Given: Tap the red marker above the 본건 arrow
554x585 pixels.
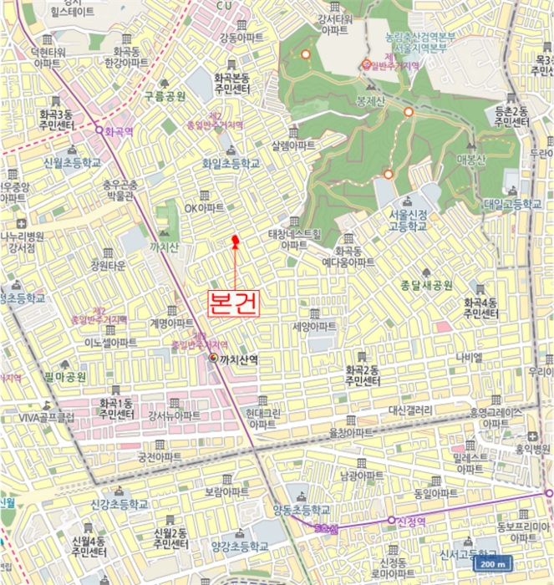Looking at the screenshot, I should pos(235,242).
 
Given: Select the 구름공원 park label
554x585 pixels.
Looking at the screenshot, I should pos(164,97).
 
